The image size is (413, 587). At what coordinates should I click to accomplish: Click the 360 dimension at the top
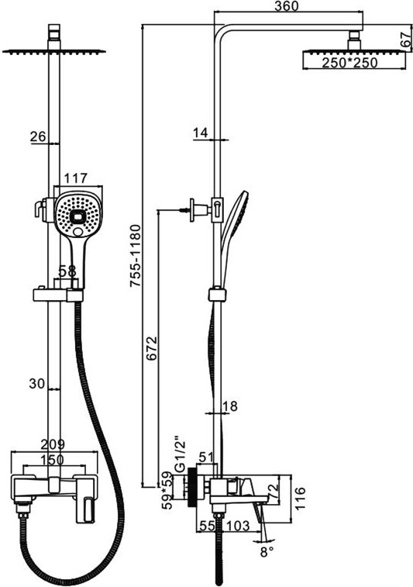click(x=287, y=6)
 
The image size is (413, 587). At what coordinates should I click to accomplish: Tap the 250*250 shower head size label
click(x=350, y=63)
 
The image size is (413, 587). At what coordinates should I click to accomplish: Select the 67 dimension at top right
click(x=406, y=40)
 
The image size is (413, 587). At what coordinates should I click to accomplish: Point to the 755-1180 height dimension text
click(x=135, y=256)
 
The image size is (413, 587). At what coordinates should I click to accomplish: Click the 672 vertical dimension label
click(x=152, y=349)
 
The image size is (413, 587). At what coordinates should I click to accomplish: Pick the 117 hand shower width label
click(x=76, y=178)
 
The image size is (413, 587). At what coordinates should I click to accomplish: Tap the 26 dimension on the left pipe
click(x=38, y=136)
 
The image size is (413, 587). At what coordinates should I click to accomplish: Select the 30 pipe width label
click(x=37, y=383)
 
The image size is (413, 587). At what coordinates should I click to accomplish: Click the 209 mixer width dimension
click(x=53, y=444)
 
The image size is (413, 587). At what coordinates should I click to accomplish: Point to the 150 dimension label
click(x=52, y=459)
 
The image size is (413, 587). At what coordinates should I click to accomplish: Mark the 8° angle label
click(x=267, y=552)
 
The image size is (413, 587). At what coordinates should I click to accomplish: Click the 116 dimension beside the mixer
click(x=300, y=498)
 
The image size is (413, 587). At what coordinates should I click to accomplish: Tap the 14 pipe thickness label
click(x=201, y=133)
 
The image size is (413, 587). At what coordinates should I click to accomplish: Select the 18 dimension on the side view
click(x=230, y=406)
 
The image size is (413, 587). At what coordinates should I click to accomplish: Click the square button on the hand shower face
click(x=78, y=217)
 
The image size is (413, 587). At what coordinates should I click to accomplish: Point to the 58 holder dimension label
click(x=67, y=271)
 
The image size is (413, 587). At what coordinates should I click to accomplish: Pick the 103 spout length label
click(x=236, y=526)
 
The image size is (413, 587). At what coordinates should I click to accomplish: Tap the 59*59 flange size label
click(x=168, y=490)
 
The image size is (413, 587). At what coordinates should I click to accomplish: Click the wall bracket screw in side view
click(x=184, y=210)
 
